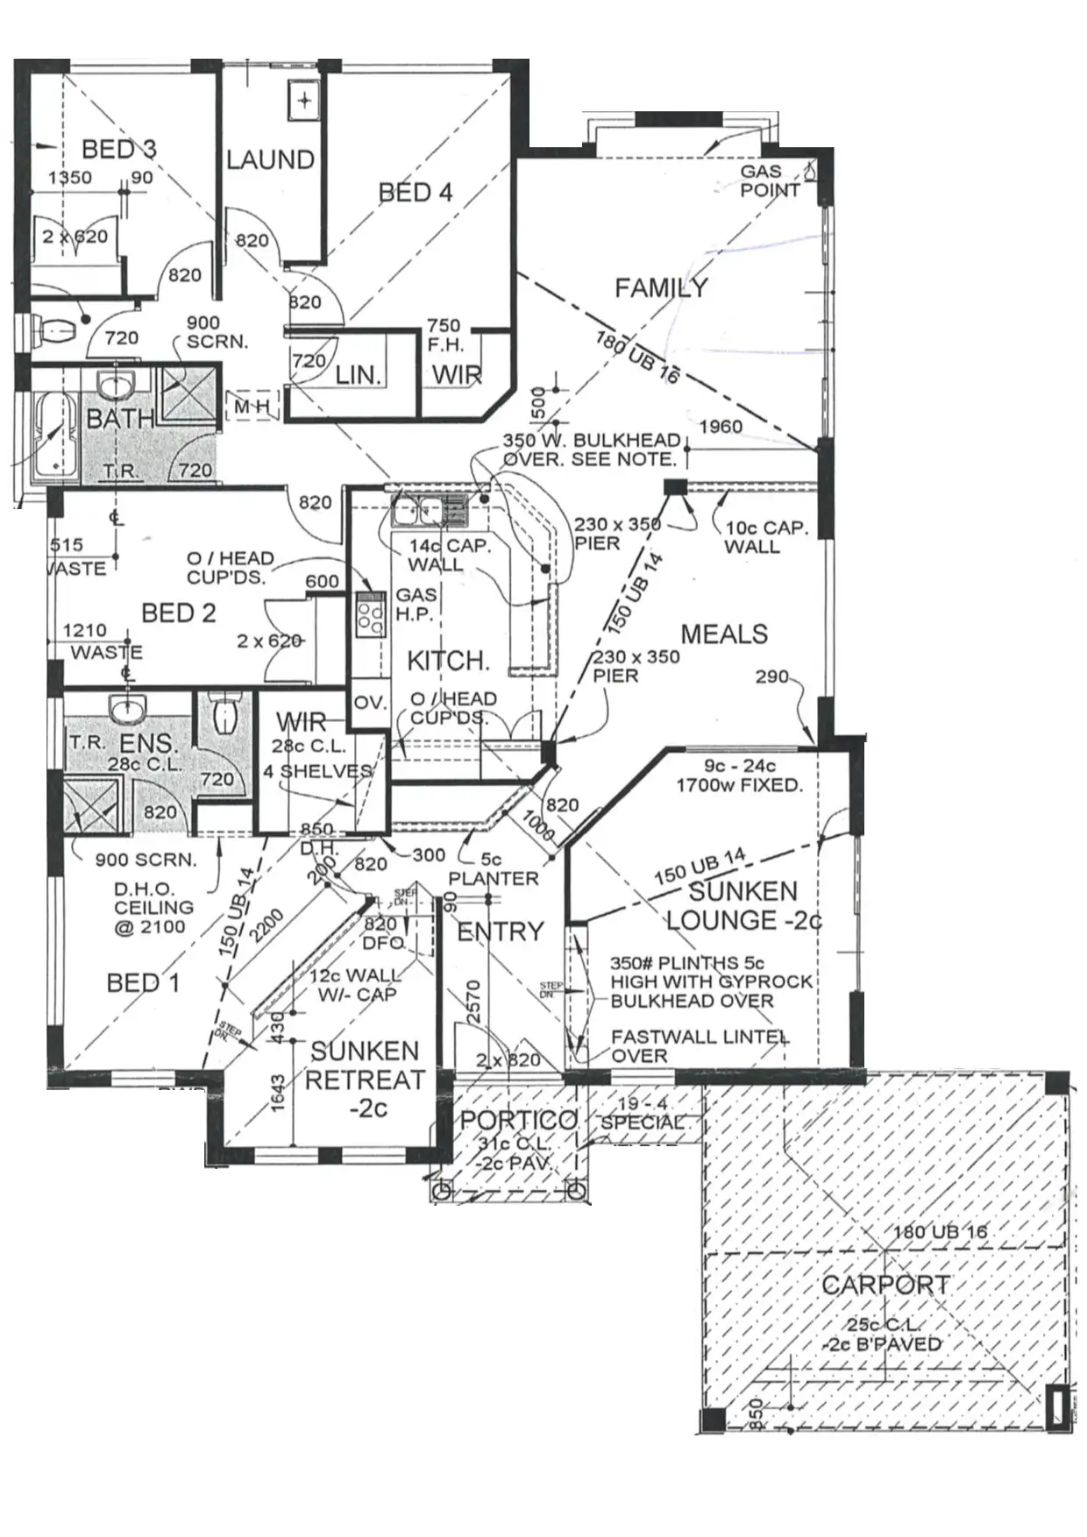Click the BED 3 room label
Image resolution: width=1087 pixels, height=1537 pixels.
point(118,149)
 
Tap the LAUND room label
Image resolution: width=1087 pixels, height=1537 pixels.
point(270,159)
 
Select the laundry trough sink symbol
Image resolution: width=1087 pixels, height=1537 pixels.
point(303,100)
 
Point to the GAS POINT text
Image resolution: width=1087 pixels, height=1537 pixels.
point(770,181)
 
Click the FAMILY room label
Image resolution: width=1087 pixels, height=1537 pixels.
point(661,287)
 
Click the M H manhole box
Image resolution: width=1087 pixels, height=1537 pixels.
point(252,407)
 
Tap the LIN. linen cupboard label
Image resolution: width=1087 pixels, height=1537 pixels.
point(359,376)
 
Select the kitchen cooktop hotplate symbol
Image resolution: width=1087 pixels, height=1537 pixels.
point(369,613)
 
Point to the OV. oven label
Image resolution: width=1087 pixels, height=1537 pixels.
point(368,704)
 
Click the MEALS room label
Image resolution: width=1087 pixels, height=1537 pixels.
point(724,634)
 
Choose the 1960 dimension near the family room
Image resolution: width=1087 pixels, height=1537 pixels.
point(721,427)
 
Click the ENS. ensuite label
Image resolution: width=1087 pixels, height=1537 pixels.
point(148,745)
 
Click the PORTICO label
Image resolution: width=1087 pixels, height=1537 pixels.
point(518,1120)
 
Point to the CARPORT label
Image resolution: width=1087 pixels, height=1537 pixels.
point(885,1286)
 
